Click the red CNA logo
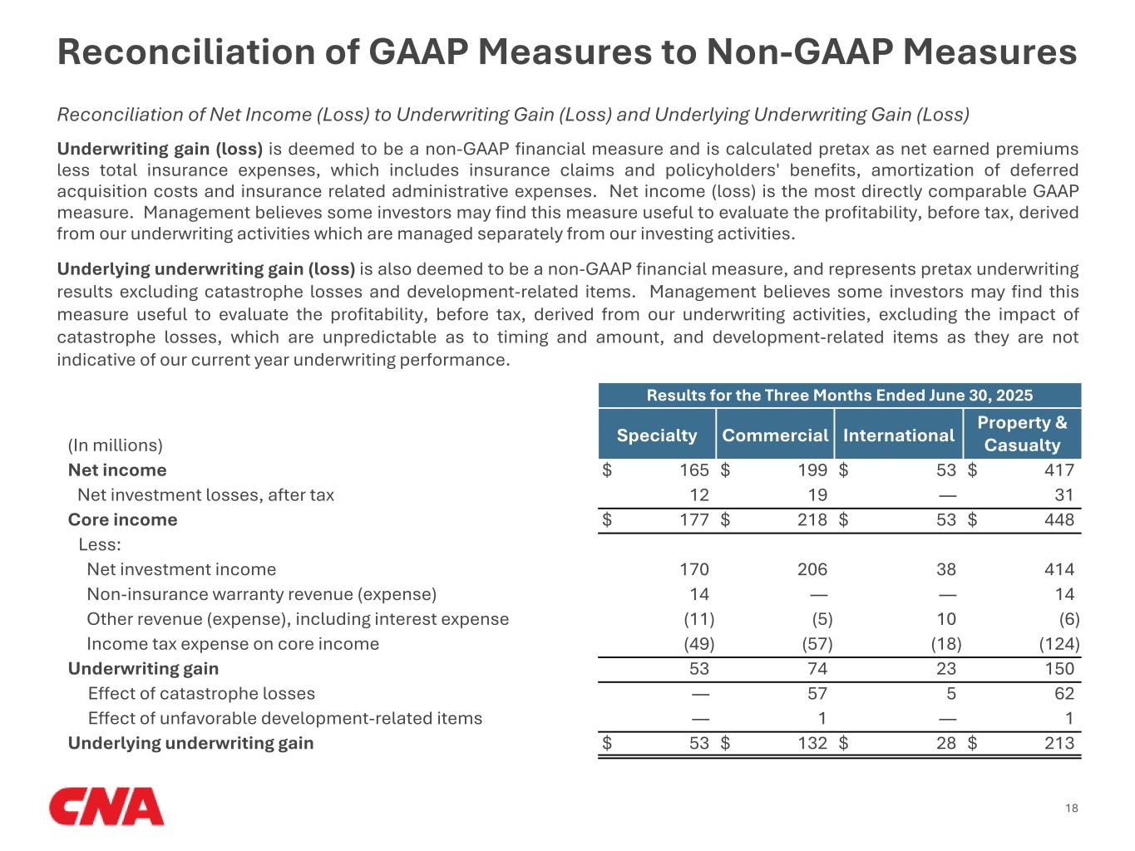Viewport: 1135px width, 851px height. pyautogui.click(x=106, y=807)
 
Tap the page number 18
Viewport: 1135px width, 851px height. pyautogui.click(x=1071, y=809)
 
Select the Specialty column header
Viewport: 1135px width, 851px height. pyautogui.click(x=657, y=435)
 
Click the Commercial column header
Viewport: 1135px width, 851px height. pyautogui.click(x=775, y=435)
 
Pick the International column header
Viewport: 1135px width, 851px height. pyautogui.click(x=898, y=435)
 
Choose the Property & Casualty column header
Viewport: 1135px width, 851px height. pyautogui.click(x=1022, y=433)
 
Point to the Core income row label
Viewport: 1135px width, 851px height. pyautogui.click(x=122, y=519)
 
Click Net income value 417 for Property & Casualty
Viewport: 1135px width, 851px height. pyautogui.click(x=1059, y=470)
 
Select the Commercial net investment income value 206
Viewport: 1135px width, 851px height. pyautogui.click(x=812, y=569)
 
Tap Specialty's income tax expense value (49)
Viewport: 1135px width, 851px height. pyautogui.click(x=698, y=644)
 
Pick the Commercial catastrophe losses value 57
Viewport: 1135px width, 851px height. pyautogui.click(x=817, y=694)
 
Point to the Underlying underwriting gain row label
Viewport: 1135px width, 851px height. pyautogui.click(x=190, y=743)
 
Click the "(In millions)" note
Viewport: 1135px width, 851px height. pyautogui.click(x=115, y=445)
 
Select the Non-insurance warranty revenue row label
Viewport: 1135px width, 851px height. pyautogui.click(x=261, y=594)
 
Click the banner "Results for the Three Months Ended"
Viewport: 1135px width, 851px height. pyautogui.click(x=839, y=396)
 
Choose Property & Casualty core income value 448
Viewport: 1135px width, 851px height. pyautogui.click(x=1059, y=520)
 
